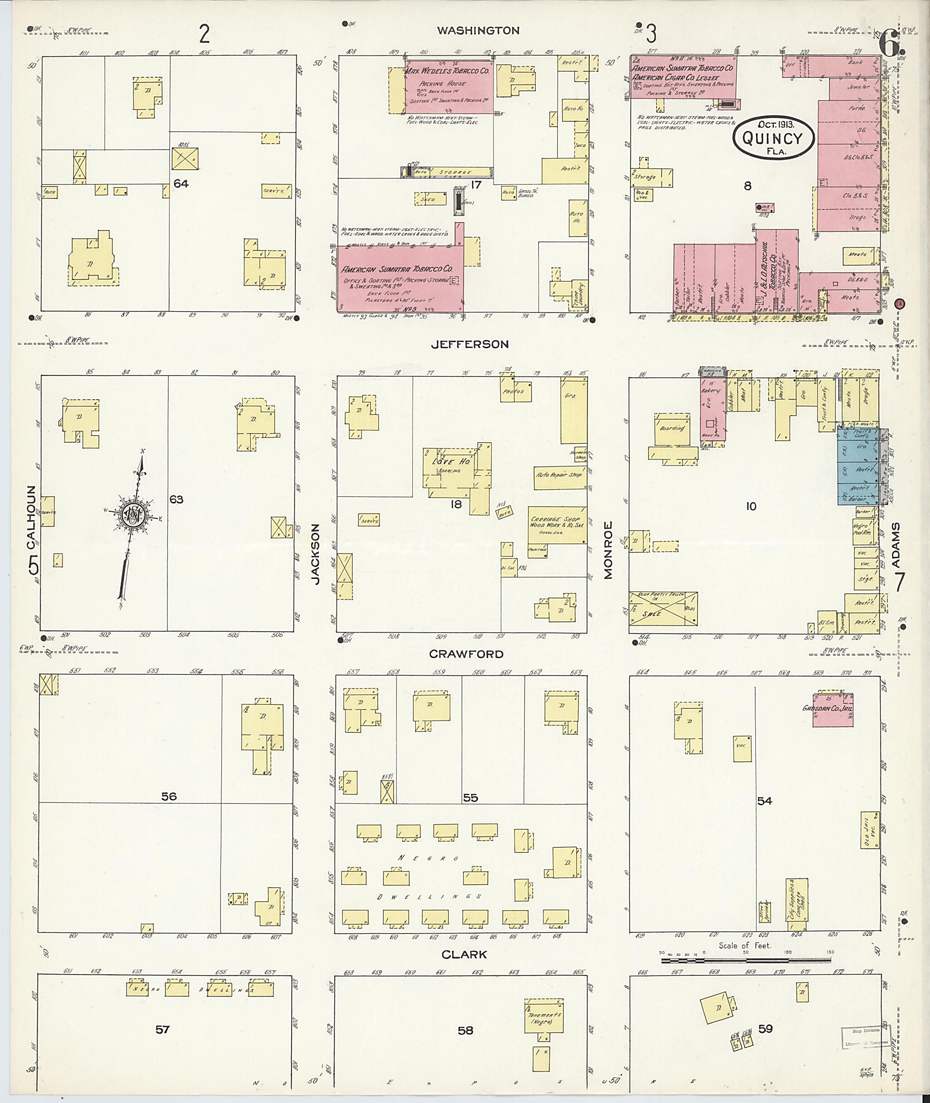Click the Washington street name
(478, 30)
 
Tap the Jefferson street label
(470, 344)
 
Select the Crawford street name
(466, 654)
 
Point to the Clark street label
(464, 955)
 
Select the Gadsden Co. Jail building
(832, 709)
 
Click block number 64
(181, 183)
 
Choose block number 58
(465, 1030)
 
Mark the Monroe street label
(608, 550)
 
